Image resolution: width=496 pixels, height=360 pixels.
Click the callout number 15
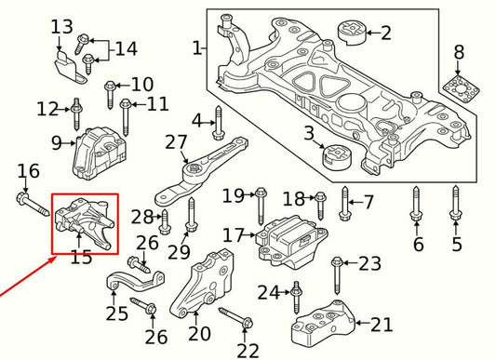pos(81,257)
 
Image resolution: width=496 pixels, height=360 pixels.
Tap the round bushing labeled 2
pos(353,32)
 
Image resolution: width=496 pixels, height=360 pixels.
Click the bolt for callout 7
pos(345,202)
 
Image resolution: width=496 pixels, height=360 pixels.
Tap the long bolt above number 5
pos(455,207)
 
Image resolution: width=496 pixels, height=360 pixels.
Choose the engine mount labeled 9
pos(97,152)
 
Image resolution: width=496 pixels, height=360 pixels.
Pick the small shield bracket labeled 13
pos(64,65)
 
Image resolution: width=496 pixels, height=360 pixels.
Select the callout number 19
pos(233,195)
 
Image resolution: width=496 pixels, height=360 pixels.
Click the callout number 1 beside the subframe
pos(196,47)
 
